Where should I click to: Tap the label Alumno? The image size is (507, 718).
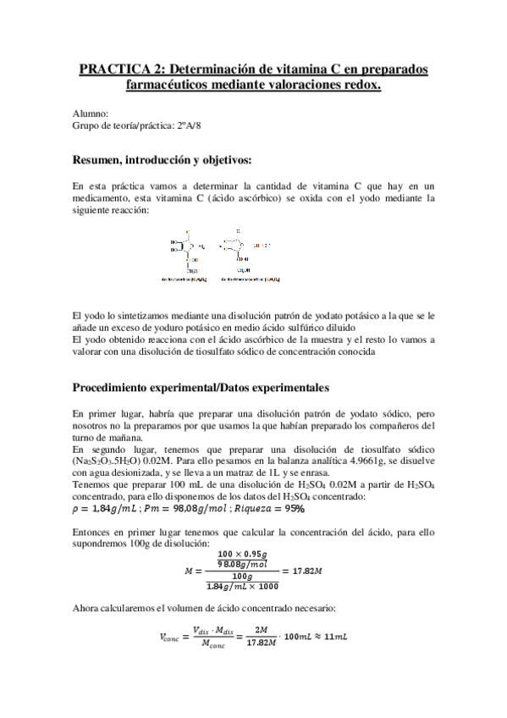tap(90, 113)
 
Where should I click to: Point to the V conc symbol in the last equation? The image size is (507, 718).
tap(169, 636)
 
